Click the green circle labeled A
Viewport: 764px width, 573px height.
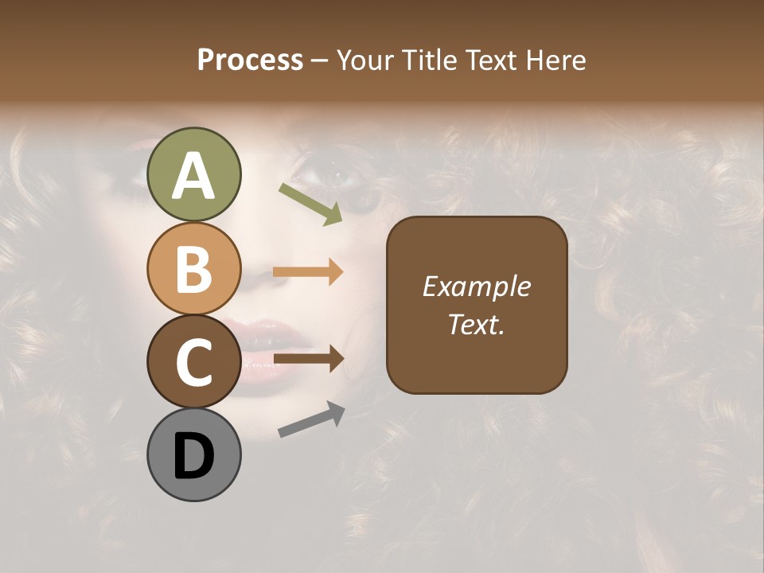click(x=193, y=174)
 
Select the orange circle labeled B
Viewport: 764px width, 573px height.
click(x=193, y=268)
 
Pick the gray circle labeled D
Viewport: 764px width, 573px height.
click(x=193, y=454)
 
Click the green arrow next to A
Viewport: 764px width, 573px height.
click(x=311, y=204)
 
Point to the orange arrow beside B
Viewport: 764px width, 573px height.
click(x=308, y=272)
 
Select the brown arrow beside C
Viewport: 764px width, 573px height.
click(x=308, y=359)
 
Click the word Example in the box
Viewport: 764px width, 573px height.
click(x=476, y=286)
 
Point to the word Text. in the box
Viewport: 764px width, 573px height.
click(x=476, y=324)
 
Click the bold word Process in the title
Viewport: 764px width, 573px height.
click(x=250, y=60)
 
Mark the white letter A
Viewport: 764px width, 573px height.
click(x=193, y=175)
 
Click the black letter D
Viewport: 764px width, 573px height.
click(x=193, y=455)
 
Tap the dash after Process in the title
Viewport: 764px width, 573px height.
click(x=319, y=60)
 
